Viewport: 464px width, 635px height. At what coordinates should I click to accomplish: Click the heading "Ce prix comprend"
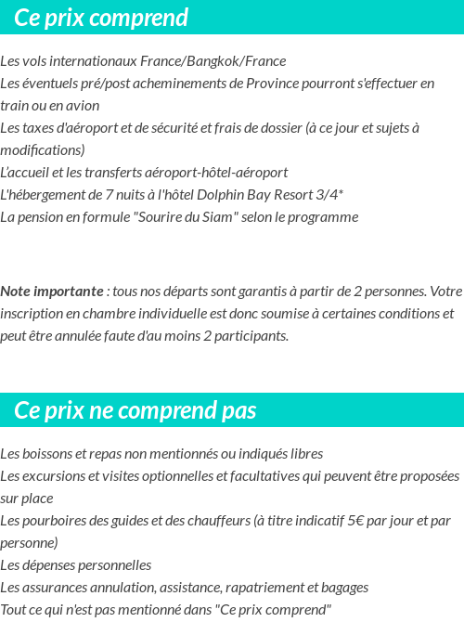coord(101,18)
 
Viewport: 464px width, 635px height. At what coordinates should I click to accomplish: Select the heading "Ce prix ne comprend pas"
coord(135,410)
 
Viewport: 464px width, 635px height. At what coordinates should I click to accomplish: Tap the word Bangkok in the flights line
coord(212,61)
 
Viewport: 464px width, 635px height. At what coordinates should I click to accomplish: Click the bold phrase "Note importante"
coord(53,292)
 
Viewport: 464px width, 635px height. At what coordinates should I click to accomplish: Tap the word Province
coord(277,84)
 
